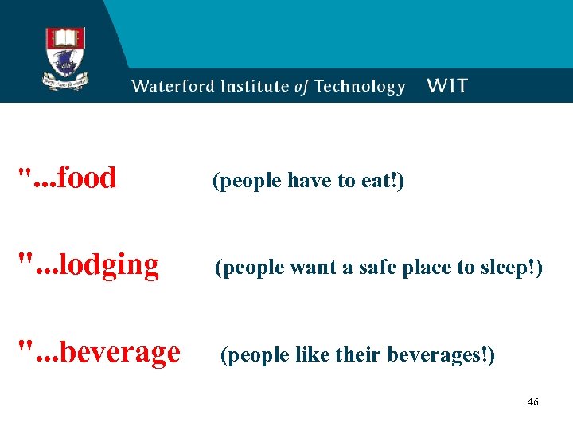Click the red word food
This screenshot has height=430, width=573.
[88, 178]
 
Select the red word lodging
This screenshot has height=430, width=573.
[108, 264]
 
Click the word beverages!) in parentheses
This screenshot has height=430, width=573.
[441, 355]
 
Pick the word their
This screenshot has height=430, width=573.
[362, 355]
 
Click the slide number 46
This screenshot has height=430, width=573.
[532, 402]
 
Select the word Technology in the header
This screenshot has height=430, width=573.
[361, 87]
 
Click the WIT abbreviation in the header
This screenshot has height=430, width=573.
[447, 86]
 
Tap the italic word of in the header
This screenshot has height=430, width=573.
[302, 88]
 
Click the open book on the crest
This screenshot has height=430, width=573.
[66, 38]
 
